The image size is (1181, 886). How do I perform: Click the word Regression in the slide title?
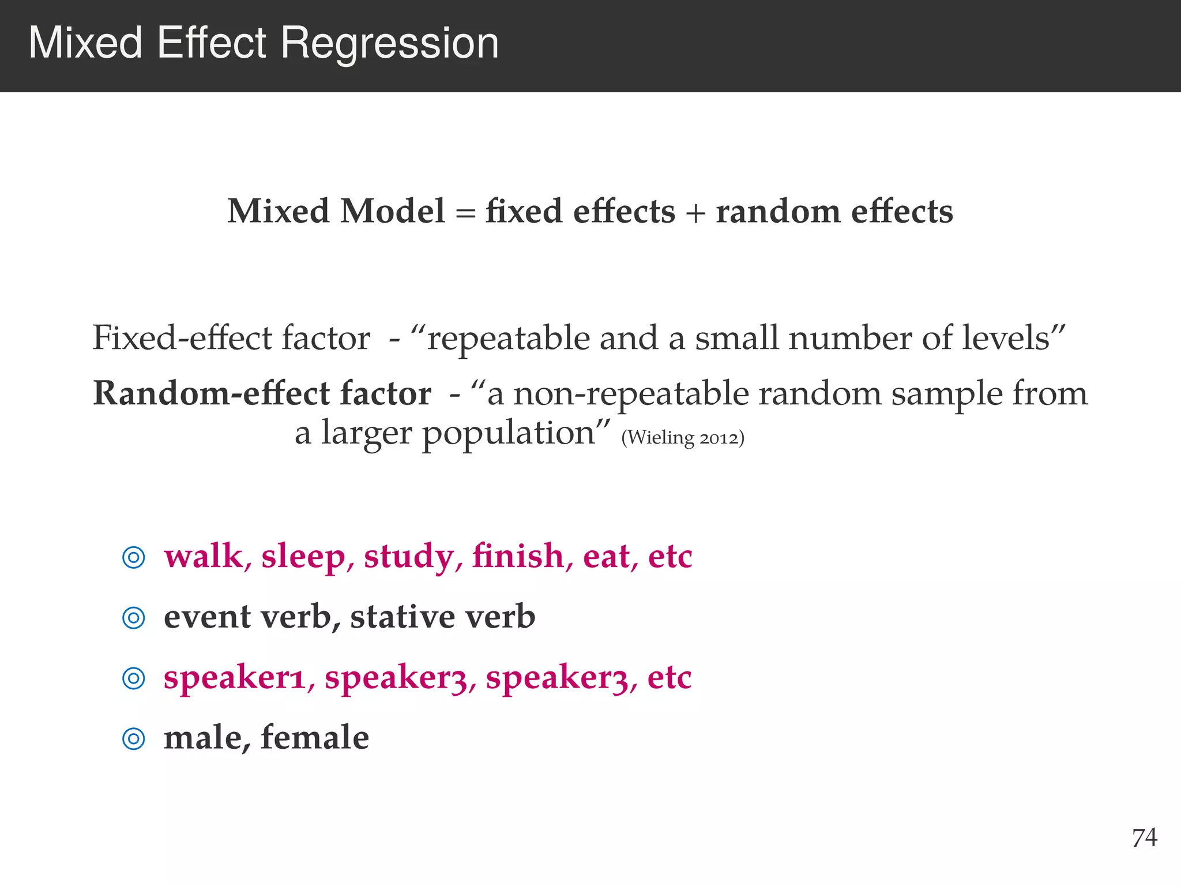[390, 44]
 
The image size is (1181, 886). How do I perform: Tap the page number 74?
[1145, 838]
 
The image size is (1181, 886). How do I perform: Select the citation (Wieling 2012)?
[683, 438]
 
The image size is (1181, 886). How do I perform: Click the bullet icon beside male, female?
[134, 738]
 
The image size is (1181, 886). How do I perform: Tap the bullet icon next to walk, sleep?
[134, 557]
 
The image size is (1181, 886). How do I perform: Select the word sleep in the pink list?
[303, 557]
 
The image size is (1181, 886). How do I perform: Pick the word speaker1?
[234, 678]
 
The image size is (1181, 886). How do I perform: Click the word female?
[315, 737]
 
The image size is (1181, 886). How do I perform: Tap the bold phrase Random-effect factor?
[262, 393]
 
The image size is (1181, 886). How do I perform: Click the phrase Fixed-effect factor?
[231, 338]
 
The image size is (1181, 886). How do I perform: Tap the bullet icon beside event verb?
[134, 618]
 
